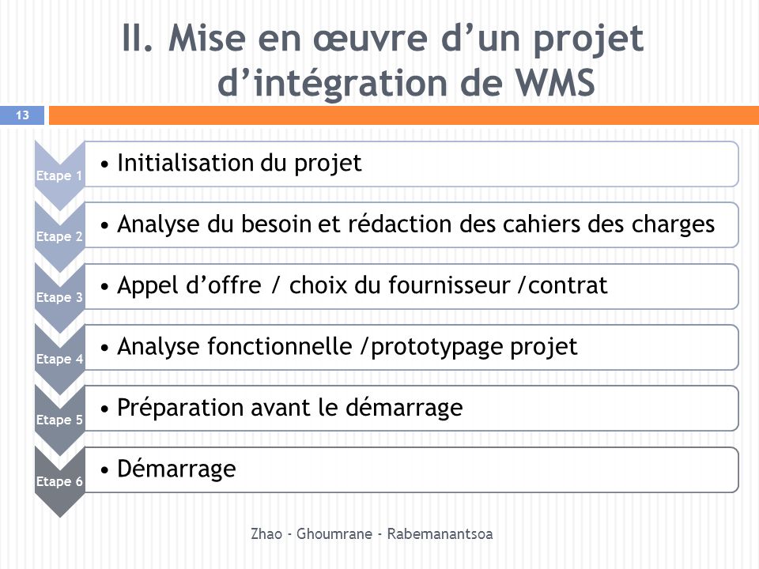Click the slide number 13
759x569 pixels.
coord(22,115)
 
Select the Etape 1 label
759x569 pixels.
coord(59,175)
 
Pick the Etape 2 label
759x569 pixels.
coord(59,236)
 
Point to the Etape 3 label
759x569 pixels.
coord(59,298)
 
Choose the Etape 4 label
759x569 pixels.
coord(59,359)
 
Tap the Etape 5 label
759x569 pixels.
coord(59,420)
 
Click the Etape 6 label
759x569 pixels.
coord(59,481)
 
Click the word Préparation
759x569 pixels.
coord(180,408)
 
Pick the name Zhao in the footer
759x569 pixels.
coord(266,533)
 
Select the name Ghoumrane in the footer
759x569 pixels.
coord(334,533)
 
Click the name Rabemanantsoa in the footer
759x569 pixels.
coord(440,533)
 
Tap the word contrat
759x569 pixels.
coord(568,286)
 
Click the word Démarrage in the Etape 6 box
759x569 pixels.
coord(176,469)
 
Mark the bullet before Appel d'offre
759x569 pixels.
coord(104,286)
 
